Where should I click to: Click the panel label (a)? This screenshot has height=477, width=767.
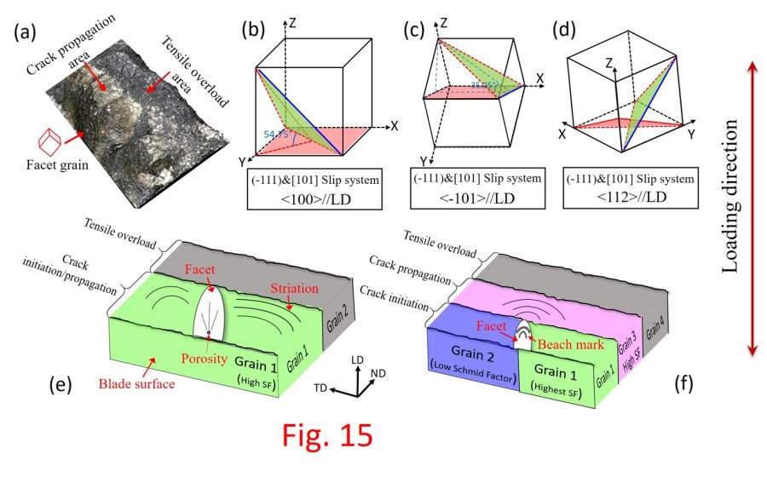[x=26, y=36]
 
